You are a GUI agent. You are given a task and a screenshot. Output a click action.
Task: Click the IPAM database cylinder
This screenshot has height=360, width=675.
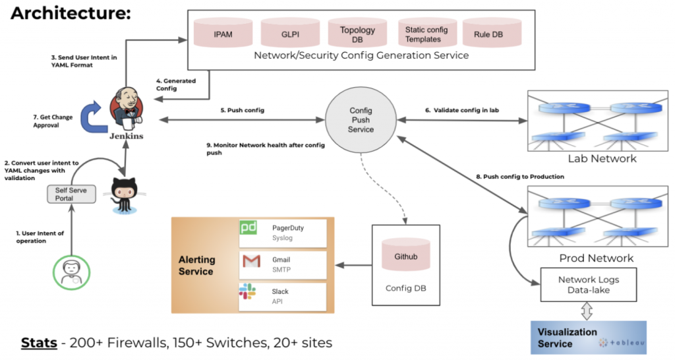(x=221, y=33)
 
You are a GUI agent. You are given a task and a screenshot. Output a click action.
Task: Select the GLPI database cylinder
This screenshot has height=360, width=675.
(x=290, y=33)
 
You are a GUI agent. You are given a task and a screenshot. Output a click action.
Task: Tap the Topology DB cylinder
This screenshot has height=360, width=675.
(x=357, y=33)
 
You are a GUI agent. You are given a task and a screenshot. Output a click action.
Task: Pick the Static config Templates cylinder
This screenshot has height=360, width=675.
(x=426, y=33)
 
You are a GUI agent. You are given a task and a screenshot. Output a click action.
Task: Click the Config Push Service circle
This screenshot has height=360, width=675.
(x=361, y=121)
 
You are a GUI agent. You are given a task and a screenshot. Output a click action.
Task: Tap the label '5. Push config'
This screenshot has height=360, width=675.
(x=243, y=110)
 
